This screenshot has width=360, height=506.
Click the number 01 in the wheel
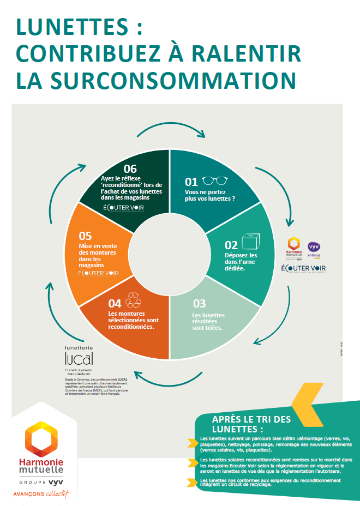[x=191, y=182]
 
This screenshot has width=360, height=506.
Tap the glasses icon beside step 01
[x=214, y=181]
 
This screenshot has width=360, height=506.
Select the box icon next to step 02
[x=250, y=242]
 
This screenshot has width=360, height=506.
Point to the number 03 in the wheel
[x=199, y=304]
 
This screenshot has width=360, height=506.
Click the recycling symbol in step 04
[x=133, y=300]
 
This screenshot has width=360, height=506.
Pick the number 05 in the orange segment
[x=85, y=236]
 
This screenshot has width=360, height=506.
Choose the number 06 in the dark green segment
[x=130, y=168]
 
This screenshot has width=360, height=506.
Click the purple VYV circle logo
[x=314, y=247]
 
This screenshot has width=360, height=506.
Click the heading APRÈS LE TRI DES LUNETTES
[x=251, y=424]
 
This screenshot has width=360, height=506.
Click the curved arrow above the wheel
[x=170, y=127]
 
